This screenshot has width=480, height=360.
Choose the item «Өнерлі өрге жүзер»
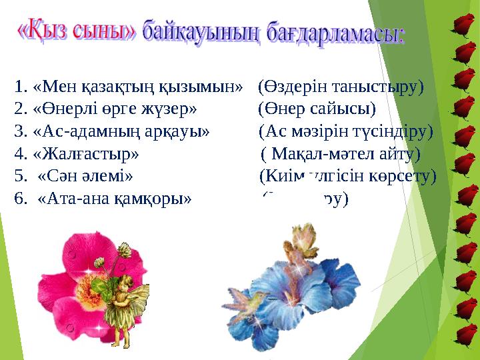(114, 108)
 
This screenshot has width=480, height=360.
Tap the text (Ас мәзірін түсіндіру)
(346, 131)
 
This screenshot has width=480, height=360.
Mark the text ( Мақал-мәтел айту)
(341, 154)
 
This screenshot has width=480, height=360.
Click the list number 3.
(19, 131)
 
